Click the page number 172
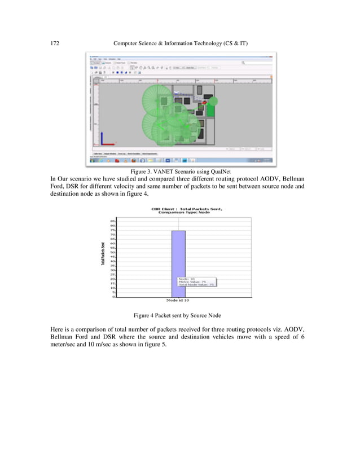click(55, 42)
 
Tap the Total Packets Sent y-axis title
click(102, 254)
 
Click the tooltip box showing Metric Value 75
click(196, 282)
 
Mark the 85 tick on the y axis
click(113, 222)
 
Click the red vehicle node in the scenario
click(205, 103)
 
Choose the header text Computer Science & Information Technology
click(181, 42)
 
